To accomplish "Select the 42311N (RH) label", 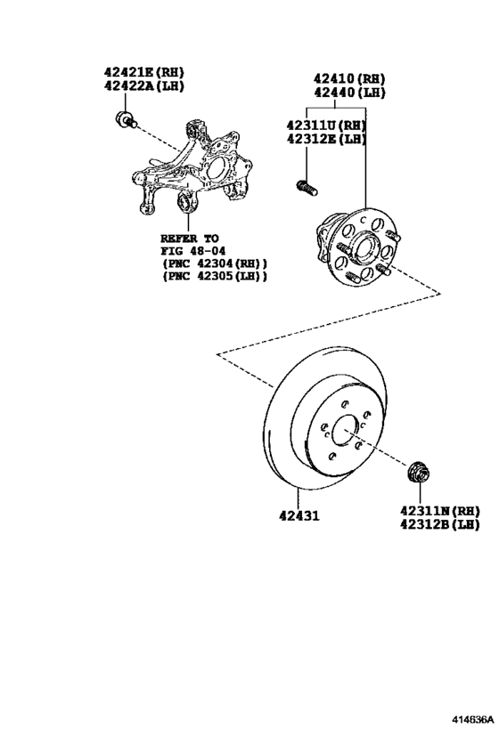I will click(440, 511).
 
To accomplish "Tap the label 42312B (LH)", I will click(440, 525).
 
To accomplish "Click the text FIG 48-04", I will click(190, 251).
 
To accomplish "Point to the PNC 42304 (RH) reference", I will click(214, 264).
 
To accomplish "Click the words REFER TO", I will click(189, 239).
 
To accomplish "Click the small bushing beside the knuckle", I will click(124, 120).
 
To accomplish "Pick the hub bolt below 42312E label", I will click(307, 187).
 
